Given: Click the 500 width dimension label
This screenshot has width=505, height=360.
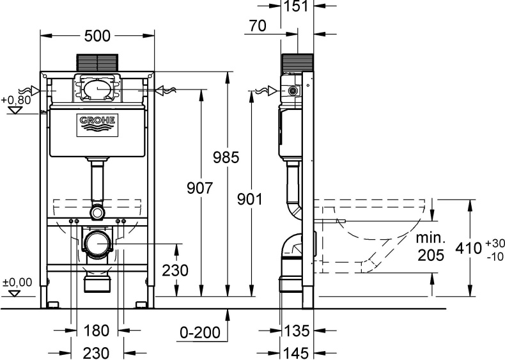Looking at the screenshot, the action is pyautogui.click(x=97, y=36).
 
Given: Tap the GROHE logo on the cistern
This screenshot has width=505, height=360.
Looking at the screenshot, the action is pyautogui.click(x=97, y=125).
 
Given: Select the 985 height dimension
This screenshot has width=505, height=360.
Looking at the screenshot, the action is pyautogui.click(x=226, y=157).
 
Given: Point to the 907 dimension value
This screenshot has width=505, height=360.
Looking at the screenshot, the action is pyautogui.click(x=199, y=188).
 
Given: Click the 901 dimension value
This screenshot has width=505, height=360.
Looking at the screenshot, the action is pyautogui.click(x=250, y=199).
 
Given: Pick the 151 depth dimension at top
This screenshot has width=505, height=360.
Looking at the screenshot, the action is pyautogui.click(x=297, y=6).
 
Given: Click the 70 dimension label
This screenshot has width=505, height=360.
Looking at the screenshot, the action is pyautogui.click(x=258, y=26).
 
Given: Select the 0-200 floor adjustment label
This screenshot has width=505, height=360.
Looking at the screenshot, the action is pyautogui.click(x=200, y=333).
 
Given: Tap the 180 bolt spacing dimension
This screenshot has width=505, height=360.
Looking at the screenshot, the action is pyautogui.click(x=97, y=331).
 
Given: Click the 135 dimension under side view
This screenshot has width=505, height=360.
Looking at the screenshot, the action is pyautogui.click(x=297, y=331).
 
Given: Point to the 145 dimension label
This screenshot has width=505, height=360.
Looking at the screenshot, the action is pyautogui.click(x=297, y=352).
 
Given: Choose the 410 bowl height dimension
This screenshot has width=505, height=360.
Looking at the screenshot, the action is pyautogui.click(x=469, y=249).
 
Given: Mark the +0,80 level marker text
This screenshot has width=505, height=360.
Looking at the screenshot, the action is pyautogui.click(x=16, y=100).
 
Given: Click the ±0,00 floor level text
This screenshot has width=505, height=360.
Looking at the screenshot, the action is pyautogui.click(x=17, y=283).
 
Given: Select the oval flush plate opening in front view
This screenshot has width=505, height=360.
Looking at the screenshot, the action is pyautogui.click(x=98, y=88).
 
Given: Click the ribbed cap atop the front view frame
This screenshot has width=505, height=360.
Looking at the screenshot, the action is pyautogui.click(x=98, y=62).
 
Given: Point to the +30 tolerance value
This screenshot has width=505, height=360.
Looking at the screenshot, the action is pyautogui.click(x=494, y=243).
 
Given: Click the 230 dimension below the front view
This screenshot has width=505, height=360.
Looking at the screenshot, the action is pyautogui.click(x=97, y=353).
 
